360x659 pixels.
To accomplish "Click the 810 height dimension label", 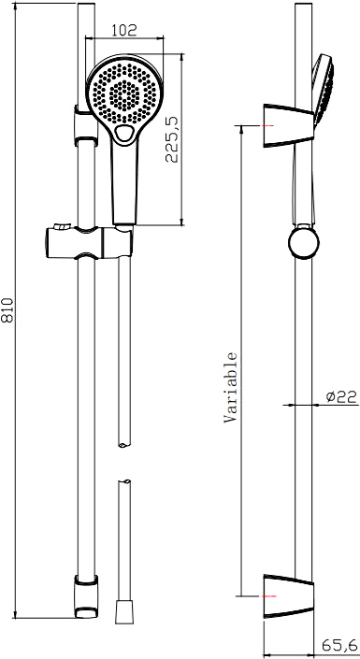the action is pyautogui.click(x=8, y=310).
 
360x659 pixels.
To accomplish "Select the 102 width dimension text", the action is pyautogui.click(x=124, y=30).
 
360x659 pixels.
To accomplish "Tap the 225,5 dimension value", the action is pyautogui.click(x=172, y=139).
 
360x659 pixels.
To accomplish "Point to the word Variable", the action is pyautogui.click(x=230, y=387).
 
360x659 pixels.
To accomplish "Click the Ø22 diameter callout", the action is pyautogui.click(x=341, y=395).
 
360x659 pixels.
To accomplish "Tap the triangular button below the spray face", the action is pyautogui.click(x=125, y=134).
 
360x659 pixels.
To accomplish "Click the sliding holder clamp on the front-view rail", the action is pyautogui.click(x=90, y=242).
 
